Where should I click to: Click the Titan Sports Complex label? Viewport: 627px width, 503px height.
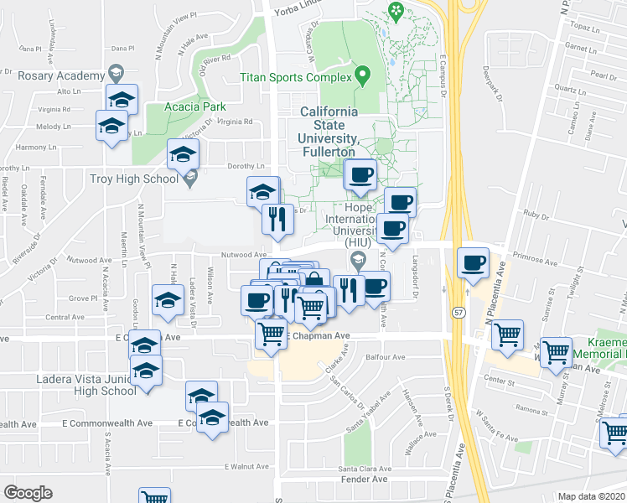pos(295,78)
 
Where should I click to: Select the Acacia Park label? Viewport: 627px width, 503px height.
pos(185,106)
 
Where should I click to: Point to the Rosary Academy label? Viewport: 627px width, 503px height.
pos(60,74)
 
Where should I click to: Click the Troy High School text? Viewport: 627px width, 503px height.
pos(134,179)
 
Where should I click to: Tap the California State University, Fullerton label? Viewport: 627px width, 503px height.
pos(329,132)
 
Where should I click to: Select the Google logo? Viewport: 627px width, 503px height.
pos(28,493)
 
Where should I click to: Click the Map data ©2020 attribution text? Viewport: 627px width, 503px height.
pos(591,495)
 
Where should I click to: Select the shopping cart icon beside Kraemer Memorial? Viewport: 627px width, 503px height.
pos(556,352)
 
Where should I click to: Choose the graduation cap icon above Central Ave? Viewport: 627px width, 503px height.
pos(167,299)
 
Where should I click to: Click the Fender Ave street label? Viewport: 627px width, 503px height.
pos(369,480)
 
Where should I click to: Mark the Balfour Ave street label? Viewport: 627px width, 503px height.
pos(386,355)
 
